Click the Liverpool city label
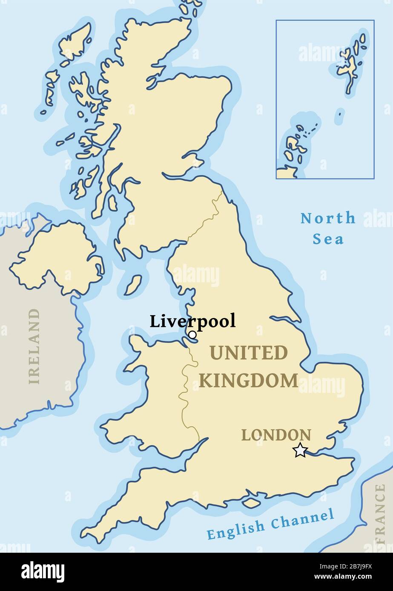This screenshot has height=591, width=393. (192, 321)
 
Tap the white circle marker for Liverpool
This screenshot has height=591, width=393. (192, 335)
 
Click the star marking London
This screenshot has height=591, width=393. (300, 450)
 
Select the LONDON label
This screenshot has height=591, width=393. (276, 435)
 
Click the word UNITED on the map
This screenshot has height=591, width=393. (248, 353)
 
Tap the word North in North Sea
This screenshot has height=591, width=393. (328, 218)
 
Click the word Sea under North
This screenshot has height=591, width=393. (328, 239)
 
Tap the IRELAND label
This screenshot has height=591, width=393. (34, 346)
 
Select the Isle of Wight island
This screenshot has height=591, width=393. (251, 503)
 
